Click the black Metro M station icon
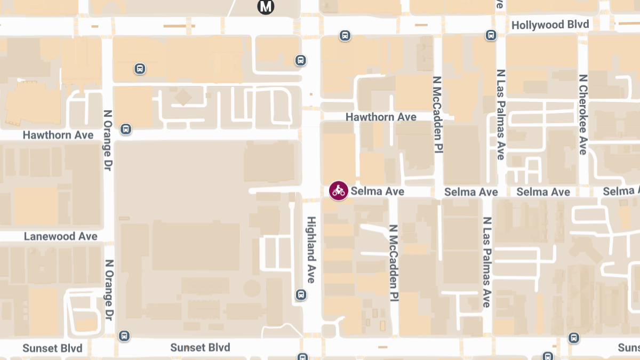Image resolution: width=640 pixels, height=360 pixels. [x=266, y=6]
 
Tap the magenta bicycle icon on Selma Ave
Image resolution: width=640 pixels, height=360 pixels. [x=338, y=190]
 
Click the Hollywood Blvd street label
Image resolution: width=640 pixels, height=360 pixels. [x=550, y=25]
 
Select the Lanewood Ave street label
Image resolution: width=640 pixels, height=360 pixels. [x=60, y=236]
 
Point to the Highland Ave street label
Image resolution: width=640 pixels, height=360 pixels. [x=311, y=250]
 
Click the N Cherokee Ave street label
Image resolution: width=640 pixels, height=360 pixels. [x=583, y=114]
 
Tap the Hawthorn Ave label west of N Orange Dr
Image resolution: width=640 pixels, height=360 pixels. [x=58, y=135]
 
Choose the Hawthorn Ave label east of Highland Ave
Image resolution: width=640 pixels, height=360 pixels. [x=381, y=117]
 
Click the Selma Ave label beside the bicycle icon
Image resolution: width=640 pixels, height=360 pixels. [x=377, y=191]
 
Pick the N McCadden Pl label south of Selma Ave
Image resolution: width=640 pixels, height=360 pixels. [x=394, y=261]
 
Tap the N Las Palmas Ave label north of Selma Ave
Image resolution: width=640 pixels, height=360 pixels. [x=500, y=114]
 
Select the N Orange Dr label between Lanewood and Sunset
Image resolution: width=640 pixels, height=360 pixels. [x=109, y=290]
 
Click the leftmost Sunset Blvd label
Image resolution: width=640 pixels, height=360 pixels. [x=52, y=349]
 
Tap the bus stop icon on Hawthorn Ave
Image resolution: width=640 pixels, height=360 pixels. [x=126, y=129]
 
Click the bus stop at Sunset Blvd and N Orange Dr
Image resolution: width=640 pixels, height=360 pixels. [x=124, y=335]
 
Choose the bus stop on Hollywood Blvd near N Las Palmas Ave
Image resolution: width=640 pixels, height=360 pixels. [x=491, y=36]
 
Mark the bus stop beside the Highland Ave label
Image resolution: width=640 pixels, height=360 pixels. [x=301, y=294]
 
